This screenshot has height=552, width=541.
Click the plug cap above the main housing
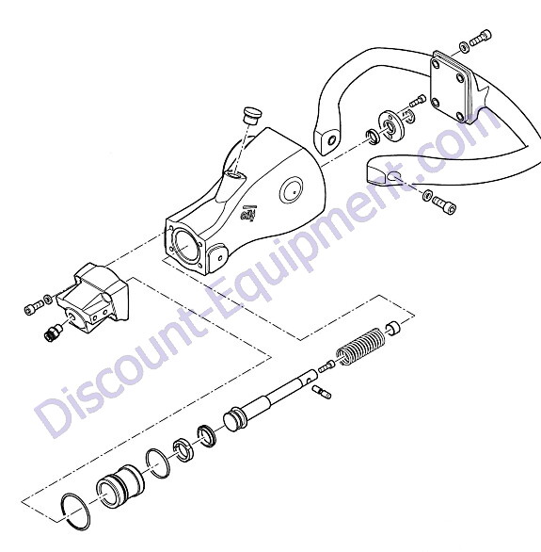pyautogui.click(x=249, y=115)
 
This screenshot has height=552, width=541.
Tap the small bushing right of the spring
pyautogui.click(x=394, y=328)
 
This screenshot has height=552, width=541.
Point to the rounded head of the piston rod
pyautogui.click(x=232, y=418)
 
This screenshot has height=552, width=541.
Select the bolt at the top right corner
pyautogui.click(x=481, y=38)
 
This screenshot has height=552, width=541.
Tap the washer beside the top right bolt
pyautogui.click(x=465, y=47)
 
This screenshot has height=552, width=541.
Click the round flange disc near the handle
pyautogui.click(x=390, y=126)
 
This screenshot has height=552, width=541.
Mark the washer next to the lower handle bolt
pyautogui.click(x=427, y=195)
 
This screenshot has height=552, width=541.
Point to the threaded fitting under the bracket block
pyautogui.click(x=53, y=332)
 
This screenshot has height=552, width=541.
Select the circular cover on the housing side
pyautogui.click(x=292, y=189)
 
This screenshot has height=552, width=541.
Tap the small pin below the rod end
pyautogui.click(x=321, y=392)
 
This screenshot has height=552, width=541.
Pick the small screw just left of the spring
pyautogui.click(x=326, y=365)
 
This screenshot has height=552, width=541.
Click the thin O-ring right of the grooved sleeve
pyautogui.click(x=157, y=463)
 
